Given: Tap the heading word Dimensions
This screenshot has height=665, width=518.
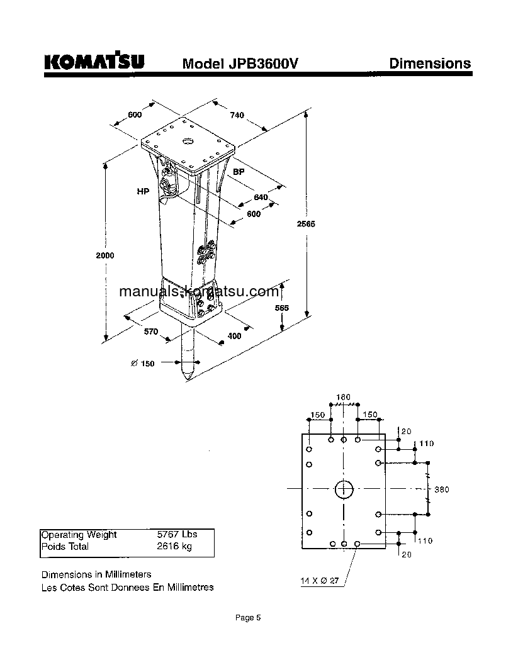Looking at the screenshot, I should pyautogui.click(x=429, y=63).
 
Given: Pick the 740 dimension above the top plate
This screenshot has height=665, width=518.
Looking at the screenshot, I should pyautogui.click(x=237, y=115).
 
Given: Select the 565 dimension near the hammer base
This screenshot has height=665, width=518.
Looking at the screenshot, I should pyautogui.click(x=282, y=308).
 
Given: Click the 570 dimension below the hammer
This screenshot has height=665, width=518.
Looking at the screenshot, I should pyautogui.click(x=151, y=332).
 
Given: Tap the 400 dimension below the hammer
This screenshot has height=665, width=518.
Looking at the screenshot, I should pyautogui.click(x=234, y=336).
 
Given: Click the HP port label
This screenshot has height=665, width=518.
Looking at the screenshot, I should pyautogui.click(x=143, y=191).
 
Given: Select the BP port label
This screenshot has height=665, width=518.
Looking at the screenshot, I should pyautogui.click(x=239, y=172).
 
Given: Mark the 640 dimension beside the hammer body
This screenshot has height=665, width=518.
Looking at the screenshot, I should pyautogui.click(x=261, y=198).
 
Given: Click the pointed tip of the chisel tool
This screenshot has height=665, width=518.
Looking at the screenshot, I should pyautogui.click(x=188, y=381).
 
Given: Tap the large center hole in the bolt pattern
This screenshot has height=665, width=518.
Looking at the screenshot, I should pyautogui.click(x=344, y=488).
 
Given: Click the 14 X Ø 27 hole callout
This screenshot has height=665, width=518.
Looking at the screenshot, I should pyautogui.click(x=320, y=581).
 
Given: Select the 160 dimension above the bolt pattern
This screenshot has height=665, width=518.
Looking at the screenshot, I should pyautogui.click(x=343, y=397).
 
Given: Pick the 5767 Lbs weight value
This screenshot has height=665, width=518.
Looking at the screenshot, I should pyautogui.click(x=177, y=534).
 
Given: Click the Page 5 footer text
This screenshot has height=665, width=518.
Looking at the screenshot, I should pyautogui.click(x=247, y=618).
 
